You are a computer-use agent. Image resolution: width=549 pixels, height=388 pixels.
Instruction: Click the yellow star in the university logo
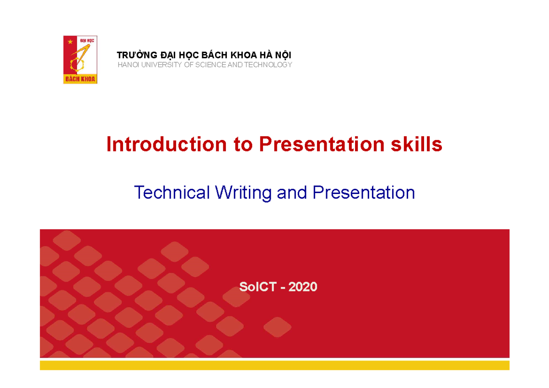pos(70,42)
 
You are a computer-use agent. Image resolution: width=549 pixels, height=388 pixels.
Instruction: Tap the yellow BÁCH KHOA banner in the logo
pos(80,79)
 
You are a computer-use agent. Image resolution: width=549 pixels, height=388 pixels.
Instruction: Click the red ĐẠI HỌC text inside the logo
pos(87,41)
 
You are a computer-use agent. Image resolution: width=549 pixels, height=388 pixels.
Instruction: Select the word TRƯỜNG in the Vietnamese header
pos(134,55)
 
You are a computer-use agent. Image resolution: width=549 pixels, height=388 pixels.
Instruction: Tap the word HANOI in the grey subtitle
pos(128,65)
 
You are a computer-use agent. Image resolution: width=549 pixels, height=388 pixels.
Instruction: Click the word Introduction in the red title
pos(167,145)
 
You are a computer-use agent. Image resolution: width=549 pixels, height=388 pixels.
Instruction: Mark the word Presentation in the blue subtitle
pos(364,193)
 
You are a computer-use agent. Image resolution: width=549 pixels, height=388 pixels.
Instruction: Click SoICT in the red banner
pos(257,287)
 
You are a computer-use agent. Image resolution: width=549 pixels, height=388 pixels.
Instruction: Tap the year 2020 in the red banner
pos(303,287)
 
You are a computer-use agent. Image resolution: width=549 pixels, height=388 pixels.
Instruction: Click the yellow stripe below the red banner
pos(274,365)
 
